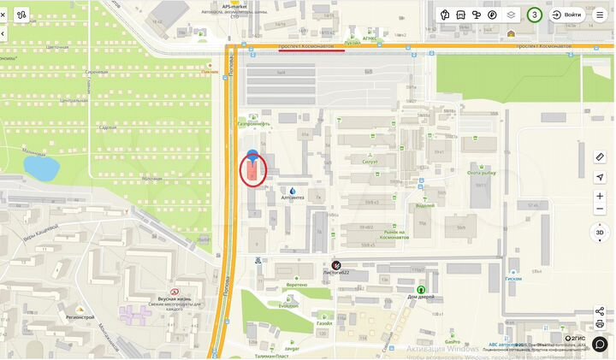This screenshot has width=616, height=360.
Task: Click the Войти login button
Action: [x=567, y=15]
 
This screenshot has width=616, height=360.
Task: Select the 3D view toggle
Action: [x=600, y=232]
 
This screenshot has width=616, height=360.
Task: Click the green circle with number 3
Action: [x=535, y=15]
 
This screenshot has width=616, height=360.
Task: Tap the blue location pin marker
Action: [x=252, y=156]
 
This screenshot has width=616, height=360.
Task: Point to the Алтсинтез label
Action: [x=293, y=198]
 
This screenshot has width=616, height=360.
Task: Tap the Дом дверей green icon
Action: [x=421, y=291]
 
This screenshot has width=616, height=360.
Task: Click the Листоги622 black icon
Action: [x=336, y=264]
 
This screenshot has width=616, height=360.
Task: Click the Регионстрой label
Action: [x=80, y=316]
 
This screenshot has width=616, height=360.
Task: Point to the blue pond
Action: [x=40, y=168]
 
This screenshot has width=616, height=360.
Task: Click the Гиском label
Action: [x=513, y=279]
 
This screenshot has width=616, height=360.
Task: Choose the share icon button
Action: [x=600, y=311]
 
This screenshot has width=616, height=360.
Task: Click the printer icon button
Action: [x=600, y=324]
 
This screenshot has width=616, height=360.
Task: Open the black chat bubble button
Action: [x=600, y=345]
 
